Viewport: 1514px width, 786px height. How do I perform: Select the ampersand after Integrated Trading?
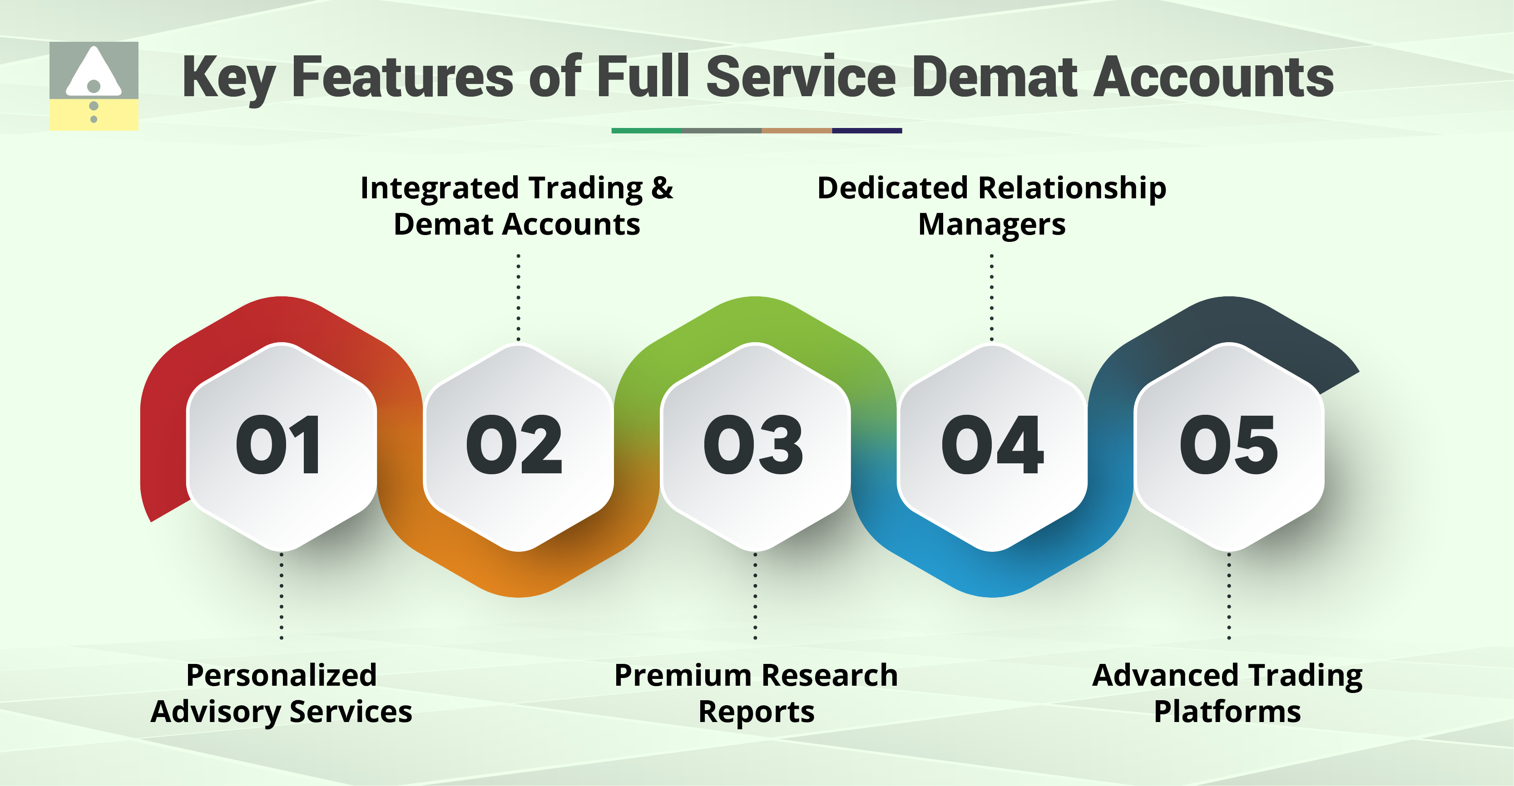click(662, 188)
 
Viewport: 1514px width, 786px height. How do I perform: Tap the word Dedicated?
click(892, 188)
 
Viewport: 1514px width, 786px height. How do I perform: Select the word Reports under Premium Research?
click(756, 712)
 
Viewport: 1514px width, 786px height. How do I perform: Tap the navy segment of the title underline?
click(867, 130)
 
